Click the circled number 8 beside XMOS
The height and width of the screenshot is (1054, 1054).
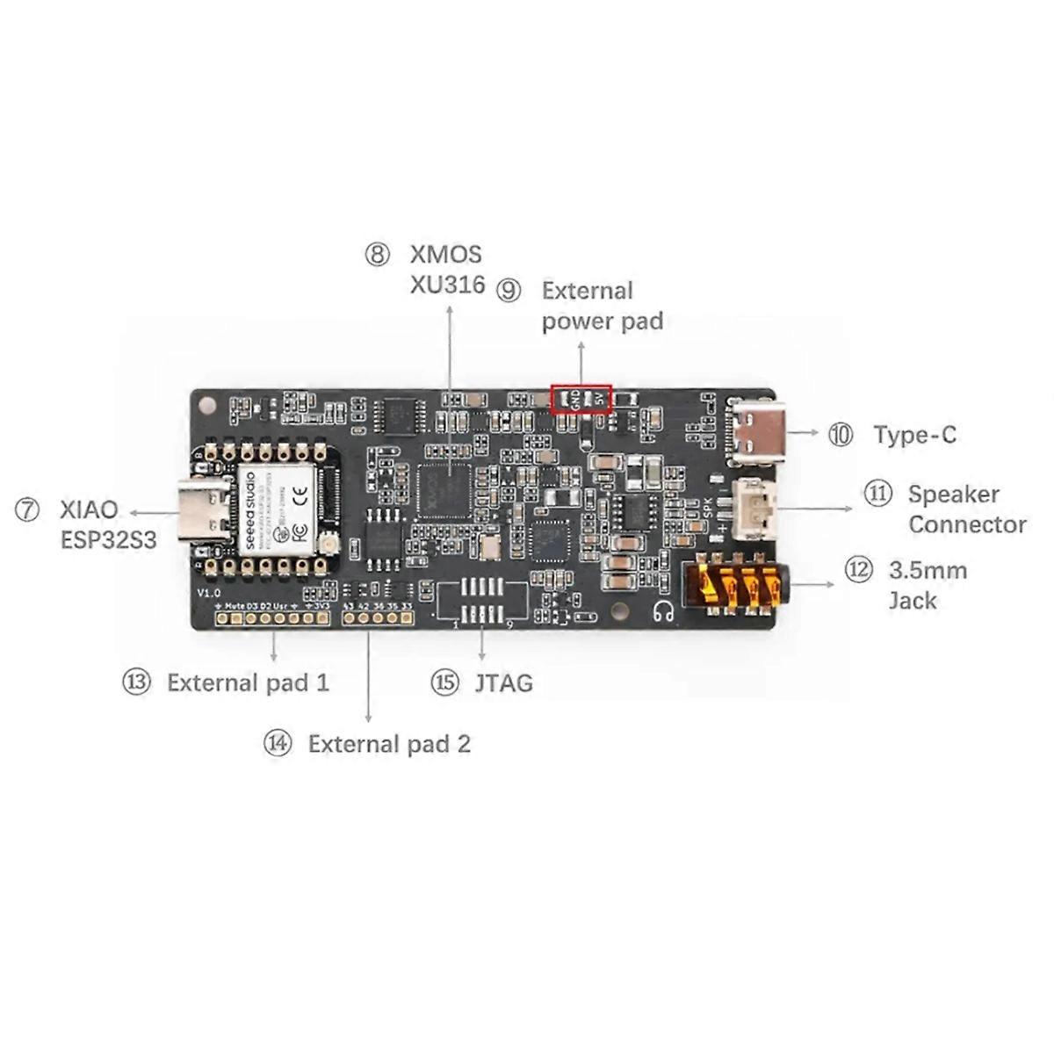pos(377,255)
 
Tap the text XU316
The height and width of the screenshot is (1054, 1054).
pos(447,285)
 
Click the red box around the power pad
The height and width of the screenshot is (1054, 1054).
pos(581,398)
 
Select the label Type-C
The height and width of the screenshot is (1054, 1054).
pos(914,435)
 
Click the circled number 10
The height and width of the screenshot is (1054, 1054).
pos(841,434)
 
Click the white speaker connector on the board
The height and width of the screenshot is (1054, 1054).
pos(754,509)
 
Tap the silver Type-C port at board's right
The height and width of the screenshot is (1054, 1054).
pos(756,432)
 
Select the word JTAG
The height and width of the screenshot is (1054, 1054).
pos(503,682)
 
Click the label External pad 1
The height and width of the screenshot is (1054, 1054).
pos(248,682)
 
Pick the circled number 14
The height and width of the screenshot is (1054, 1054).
pos(278,743)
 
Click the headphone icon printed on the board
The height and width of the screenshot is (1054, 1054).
pos(664,612)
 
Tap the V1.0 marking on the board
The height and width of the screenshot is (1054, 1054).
pos(208,594)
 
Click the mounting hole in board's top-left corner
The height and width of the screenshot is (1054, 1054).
pos(207,405)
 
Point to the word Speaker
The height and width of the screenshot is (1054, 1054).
pos(953,495)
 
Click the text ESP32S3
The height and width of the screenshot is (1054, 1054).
pos(108,539)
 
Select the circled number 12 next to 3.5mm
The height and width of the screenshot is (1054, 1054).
pos(858,570)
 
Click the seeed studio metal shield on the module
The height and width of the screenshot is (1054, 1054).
pos(276,510)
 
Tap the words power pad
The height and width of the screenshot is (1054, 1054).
pos(602,321)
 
